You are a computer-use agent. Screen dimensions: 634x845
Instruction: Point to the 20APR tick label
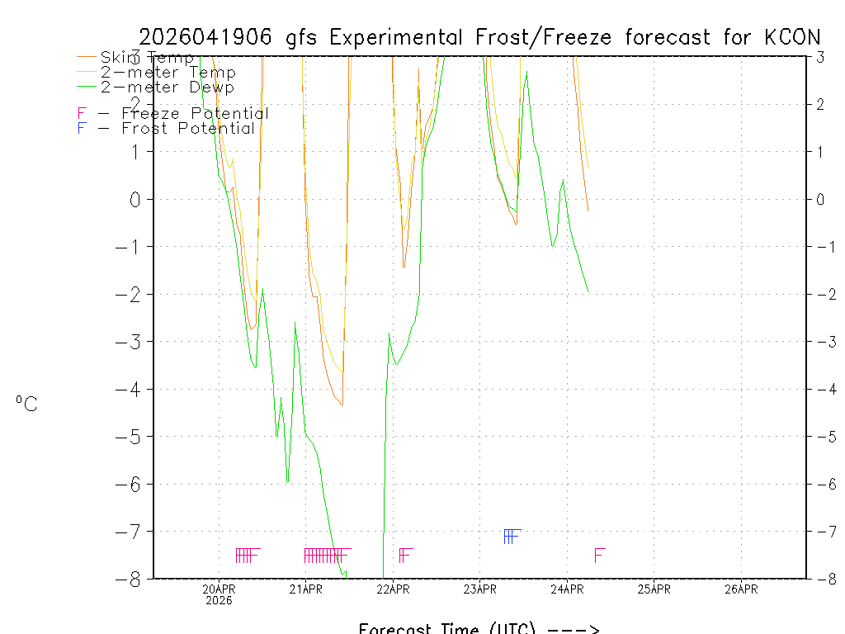pyautogui.click(x=220, y=589)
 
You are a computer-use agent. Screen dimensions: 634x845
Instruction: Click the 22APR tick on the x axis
pyautogui.click(x=393, y=589)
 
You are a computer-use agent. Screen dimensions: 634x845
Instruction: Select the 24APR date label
pyautogui.click(x=567, y=589)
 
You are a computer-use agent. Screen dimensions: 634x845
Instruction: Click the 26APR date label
pyautogui.click(x=741, y=589)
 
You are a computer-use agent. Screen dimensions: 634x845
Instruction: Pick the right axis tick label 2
pyautogui.click(x=820, y=104)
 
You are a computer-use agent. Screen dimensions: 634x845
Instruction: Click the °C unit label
pyautogui.click(x=26, y=404)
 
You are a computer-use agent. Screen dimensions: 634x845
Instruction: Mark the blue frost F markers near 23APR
pyautogui.click(x=511, y=537)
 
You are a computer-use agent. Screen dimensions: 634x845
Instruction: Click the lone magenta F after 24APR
pyautogui.click(x=600, y=555)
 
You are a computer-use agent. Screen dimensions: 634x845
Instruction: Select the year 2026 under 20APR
pyautogui.click(x=220, y=600)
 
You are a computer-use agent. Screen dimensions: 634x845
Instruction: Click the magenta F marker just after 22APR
pyautogui.click(x=405, y=555)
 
